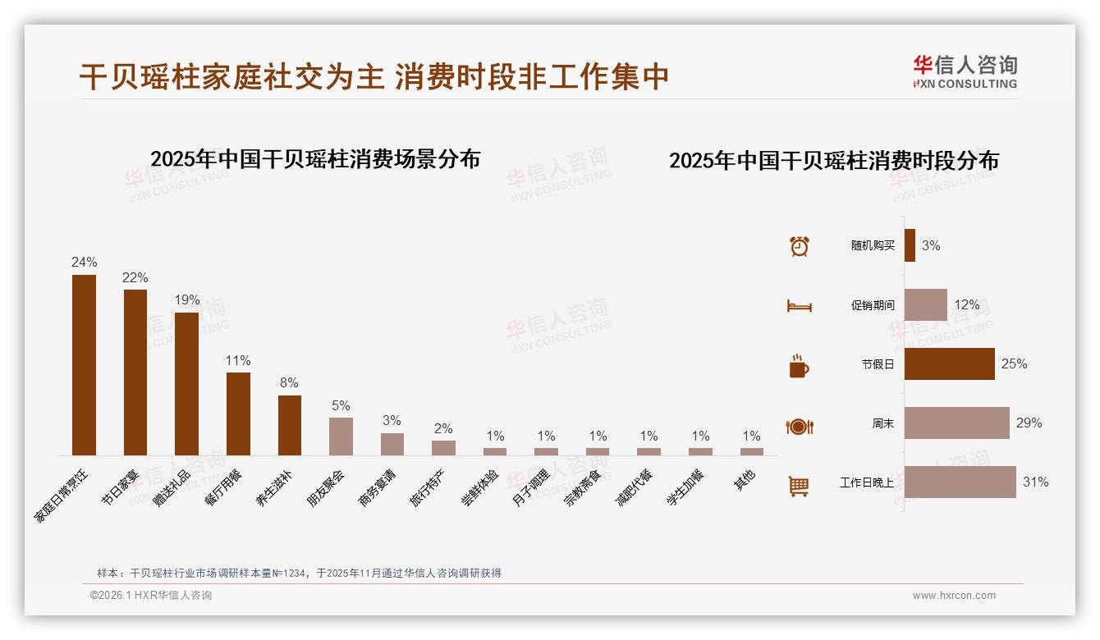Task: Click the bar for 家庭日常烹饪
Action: pyautogui.click(x=84, y=365)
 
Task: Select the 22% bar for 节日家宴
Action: pyautogui.click(x=135, y=373)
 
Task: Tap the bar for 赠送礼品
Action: pyautogui.click(x=186, y=384)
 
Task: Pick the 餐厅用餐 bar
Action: pyautogui.click(x=238, y=414)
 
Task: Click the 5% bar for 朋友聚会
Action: pyautogui.click(x=341, y=437)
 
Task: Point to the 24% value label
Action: pyautogui.click(x=84, y=263)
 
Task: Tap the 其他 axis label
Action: pyautogui.click(x=744, y=481)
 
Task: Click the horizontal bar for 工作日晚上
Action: pyautogui.click(x=960, y=482)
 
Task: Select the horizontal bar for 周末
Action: pyautogui.click(x=956, y=423)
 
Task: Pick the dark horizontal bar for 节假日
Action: pyautogui.click(x=949, y=364)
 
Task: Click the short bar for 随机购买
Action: pyautogui.click(x=910, y=246)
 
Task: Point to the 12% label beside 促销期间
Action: pyautogui.click(x=966, y=305)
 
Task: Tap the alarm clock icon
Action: pyautogui.click(x=799, y=246)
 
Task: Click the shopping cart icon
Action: pyautogui.click(x=799, y=486)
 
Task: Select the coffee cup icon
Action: pyautogui.click(x=799, y=366)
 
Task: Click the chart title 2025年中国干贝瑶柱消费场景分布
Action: pyautogui.click(x=315, y=159)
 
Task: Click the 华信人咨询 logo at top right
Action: pyautogui.click(x=965, y=71)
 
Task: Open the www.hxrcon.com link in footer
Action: pyautogui.click(x=954, y=596)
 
